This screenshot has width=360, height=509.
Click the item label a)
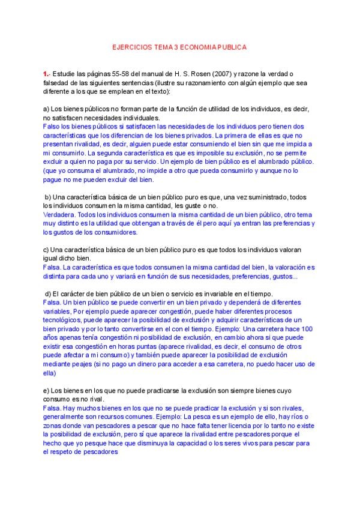pos(46,109)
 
